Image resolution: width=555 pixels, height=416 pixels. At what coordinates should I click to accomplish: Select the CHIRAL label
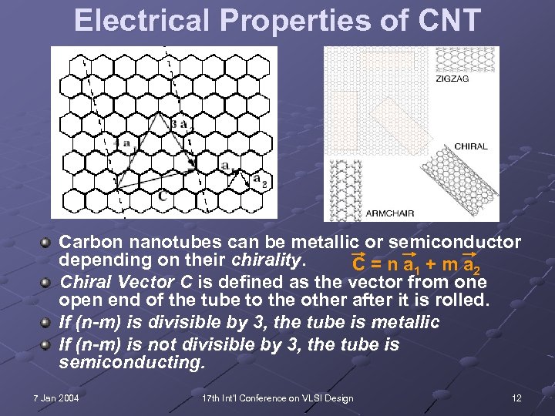471,146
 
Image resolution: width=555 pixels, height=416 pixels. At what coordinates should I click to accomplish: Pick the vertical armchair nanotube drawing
339,190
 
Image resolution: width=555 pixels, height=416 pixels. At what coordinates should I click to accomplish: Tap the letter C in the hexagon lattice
161,196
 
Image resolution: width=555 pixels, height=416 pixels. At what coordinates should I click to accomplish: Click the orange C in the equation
358,264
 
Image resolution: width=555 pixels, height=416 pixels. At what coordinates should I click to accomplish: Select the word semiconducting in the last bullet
133,362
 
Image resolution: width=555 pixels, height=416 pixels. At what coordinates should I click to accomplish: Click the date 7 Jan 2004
56,398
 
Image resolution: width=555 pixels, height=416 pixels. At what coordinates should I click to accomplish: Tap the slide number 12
516,398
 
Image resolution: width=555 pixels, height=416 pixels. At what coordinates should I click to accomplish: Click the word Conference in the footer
268,398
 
